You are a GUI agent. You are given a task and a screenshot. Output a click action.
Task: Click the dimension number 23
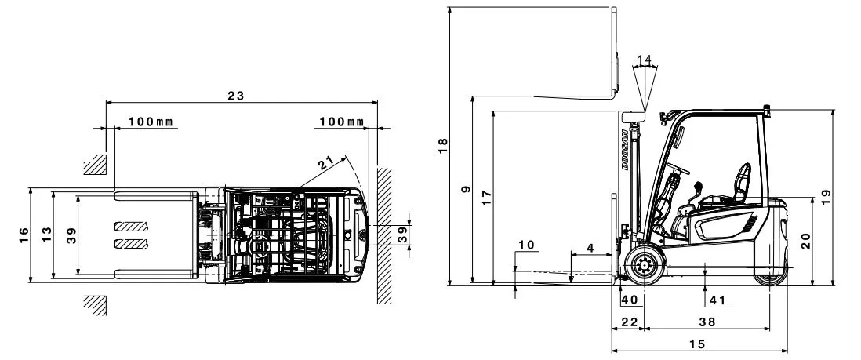coord(235,96)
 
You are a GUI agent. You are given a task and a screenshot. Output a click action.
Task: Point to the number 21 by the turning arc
coord(326,162)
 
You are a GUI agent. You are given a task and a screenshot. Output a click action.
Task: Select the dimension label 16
coord(24,235)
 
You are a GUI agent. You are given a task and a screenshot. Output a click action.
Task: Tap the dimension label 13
coord(47,235)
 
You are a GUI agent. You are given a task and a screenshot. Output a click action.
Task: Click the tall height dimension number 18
coord(442,145)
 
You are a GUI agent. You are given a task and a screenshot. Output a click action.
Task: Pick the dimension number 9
coord(467,189)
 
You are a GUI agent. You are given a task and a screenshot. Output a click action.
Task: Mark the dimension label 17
coord(487,198)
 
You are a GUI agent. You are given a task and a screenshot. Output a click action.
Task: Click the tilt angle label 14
coord(644,59)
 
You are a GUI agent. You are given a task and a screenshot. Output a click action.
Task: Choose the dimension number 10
coord(526,245)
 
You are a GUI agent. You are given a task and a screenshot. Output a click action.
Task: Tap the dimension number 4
coord(590,248)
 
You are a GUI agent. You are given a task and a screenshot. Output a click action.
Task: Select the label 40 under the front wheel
coord(630,300)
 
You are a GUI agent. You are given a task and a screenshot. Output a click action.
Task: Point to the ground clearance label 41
coord(717,300)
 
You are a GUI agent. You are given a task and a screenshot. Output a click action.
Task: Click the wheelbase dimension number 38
coord(708,322)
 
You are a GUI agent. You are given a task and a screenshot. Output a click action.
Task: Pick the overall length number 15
coord(697,344)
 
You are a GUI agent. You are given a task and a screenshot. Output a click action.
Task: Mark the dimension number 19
coord(826,197)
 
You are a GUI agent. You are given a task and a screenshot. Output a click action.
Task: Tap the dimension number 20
coord(805,241)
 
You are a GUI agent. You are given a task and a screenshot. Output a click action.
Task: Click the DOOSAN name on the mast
coord(626,150)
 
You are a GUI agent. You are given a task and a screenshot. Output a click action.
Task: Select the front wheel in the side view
coord(642,266)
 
